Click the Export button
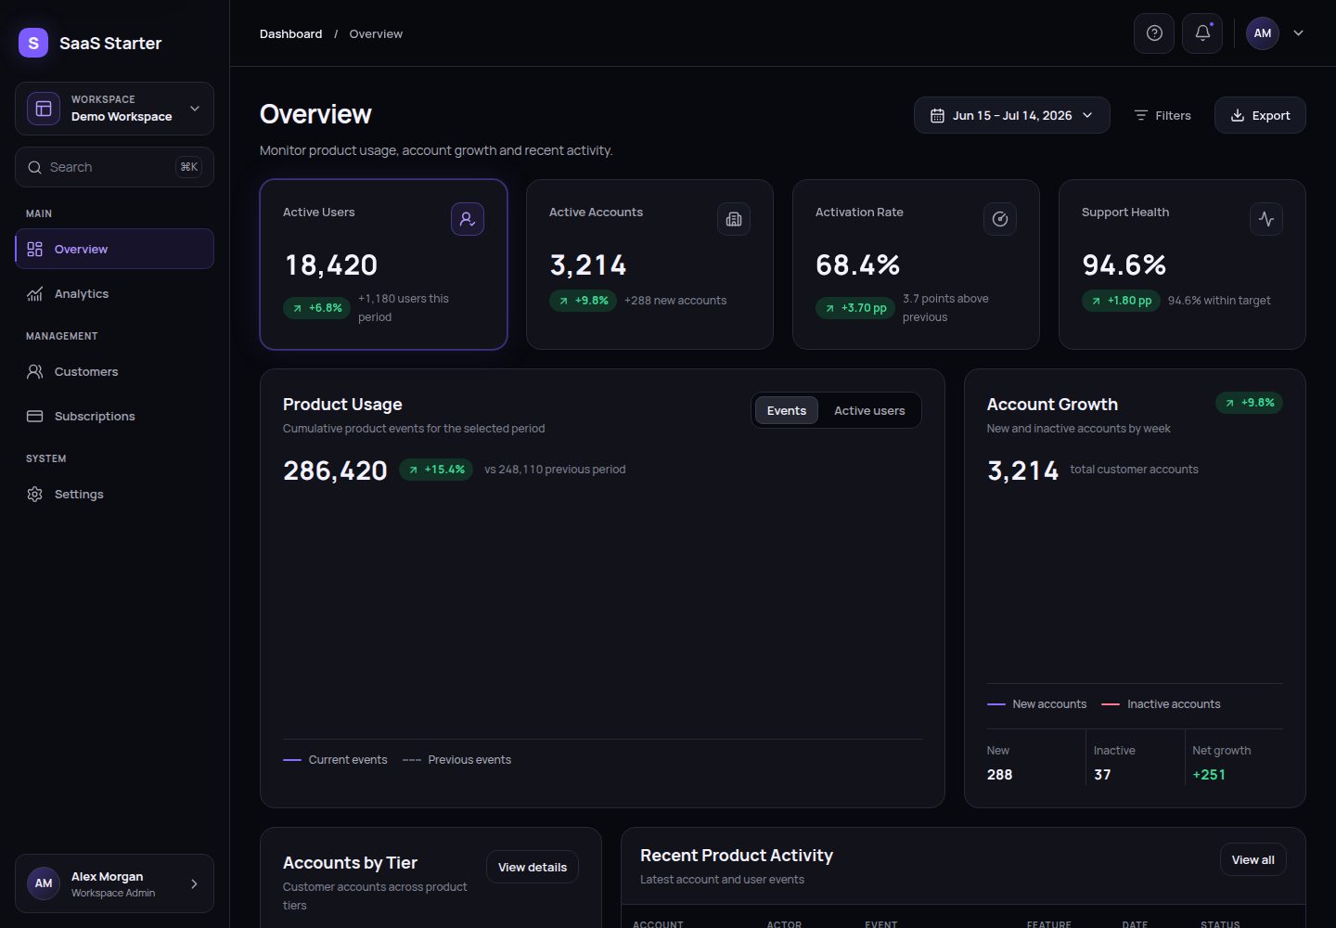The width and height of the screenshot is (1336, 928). (x=1260, y=115)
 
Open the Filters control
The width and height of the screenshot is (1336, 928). (x=1162, y=115)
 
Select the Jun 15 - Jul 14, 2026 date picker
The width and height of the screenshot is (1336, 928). (x=1011, y=115)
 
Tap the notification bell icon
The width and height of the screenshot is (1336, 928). (x=1202, y=33)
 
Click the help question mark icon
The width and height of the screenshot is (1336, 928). (x=1154, y=33)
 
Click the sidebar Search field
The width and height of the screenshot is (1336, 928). (x=114, y=167)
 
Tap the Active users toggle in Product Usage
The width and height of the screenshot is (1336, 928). (x=869, y=410)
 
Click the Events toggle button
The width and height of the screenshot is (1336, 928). (x=786, y=410)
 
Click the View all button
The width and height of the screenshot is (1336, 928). (x=1252, y=859)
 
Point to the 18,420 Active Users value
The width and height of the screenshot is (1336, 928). (x=331, y=264)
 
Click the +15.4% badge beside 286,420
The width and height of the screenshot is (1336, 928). (x=436, y=470)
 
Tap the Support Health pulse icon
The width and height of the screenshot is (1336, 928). (x=1265, y=219)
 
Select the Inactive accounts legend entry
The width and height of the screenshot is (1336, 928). (x=1161, y=703)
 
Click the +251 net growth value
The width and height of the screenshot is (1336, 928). (x=1208, y=774)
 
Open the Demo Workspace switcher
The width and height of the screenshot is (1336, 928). (x=114, y=109)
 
